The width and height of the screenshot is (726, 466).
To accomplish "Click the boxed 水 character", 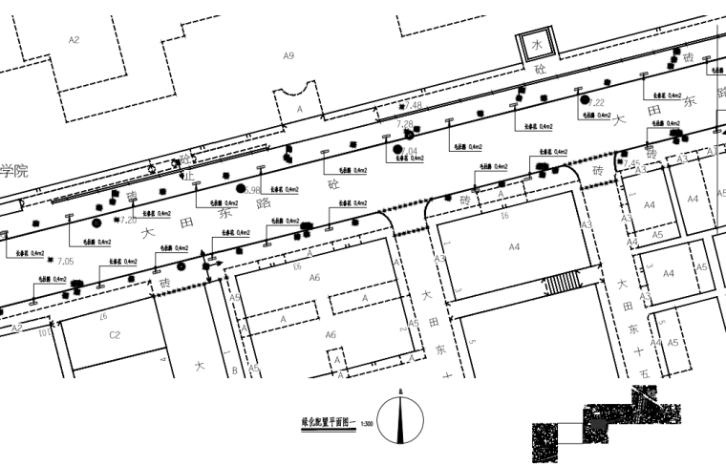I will tap(537, 46).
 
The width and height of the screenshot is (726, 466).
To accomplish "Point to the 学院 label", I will tap(13, 172).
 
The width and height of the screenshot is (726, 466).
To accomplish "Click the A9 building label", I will tap(288, 56).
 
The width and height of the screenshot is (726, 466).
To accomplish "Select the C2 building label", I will tap(114, 334).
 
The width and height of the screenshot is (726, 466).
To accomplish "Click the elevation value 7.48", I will tap(413, 105).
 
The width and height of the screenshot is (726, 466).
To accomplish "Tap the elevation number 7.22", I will tap(597, 102).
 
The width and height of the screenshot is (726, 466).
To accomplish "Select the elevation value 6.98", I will tap(252, 191).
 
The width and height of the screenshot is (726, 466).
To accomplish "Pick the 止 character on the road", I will tap(188, 177).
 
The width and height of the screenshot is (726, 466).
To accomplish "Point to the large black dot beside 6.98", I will tap(242, 189).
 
